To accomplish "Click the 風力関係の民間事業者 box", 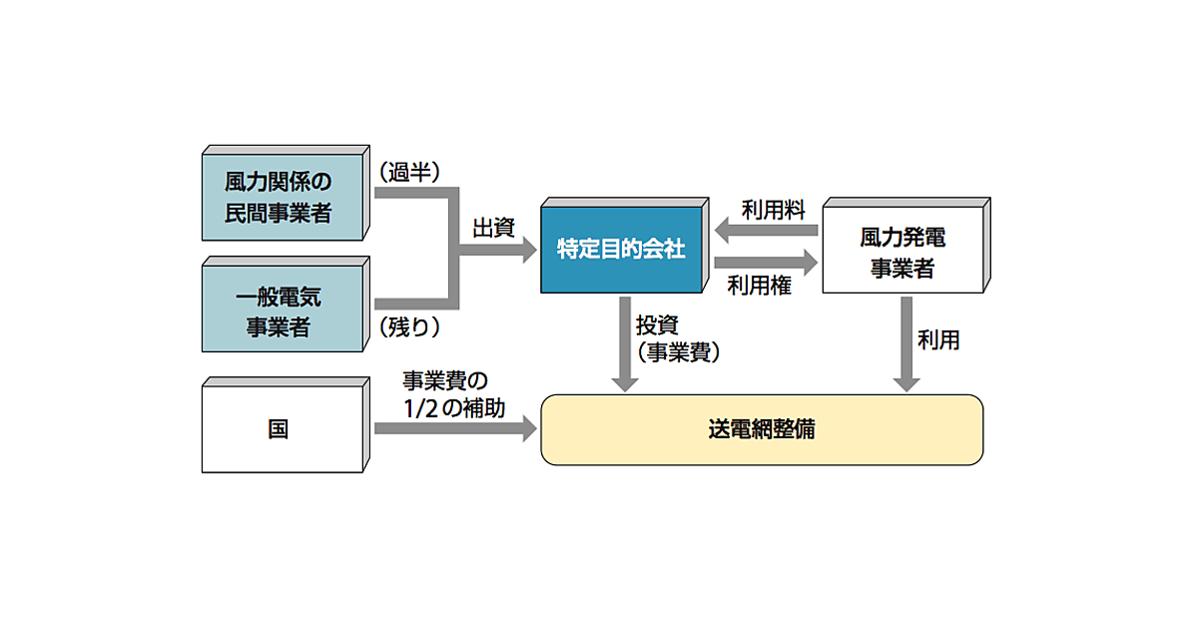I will [279, 198].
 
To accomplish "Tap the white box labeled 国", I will [279, 429].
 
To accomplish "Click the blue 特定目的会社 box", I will [620, 248].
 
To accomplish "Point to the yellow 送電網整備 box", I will [762, 429].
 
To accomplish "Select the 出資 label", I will [494, 228].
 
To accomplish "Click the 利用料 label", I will [767, 211].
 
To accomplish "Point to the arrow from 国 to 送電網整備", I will [454, 429].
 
